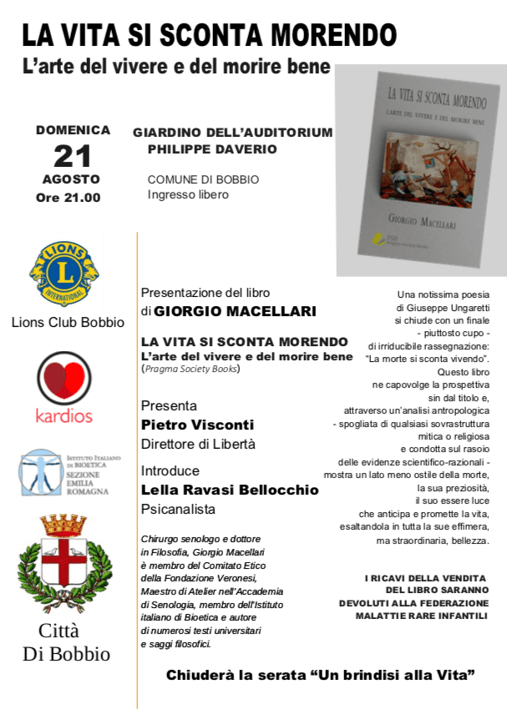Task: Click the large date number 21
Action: (x=72, y=155)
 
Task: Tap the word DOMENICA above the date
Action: (x=73, y=130)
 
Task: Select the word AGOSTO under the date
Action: (x=71, y=179)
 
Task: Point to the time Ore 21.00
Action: (x=68, y=198)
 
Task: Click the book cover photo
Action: (x=419, y=171)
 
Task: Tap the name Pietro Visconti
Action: (x=197, y=425)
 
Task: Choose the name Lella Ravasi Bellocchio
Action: (x=230, y=490)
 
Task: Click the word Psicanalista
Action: (x=178, y=509)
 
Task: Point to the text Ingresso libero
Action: (x=188, y=195)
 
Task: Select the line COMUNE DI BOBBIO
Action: (x=203, y=179)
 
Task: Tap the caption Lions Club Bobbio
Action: (x=68, y=323)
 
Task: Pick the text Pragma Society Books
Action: (x=191, y=368)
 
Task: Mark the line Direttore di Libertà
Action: (x=198, y=444)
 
